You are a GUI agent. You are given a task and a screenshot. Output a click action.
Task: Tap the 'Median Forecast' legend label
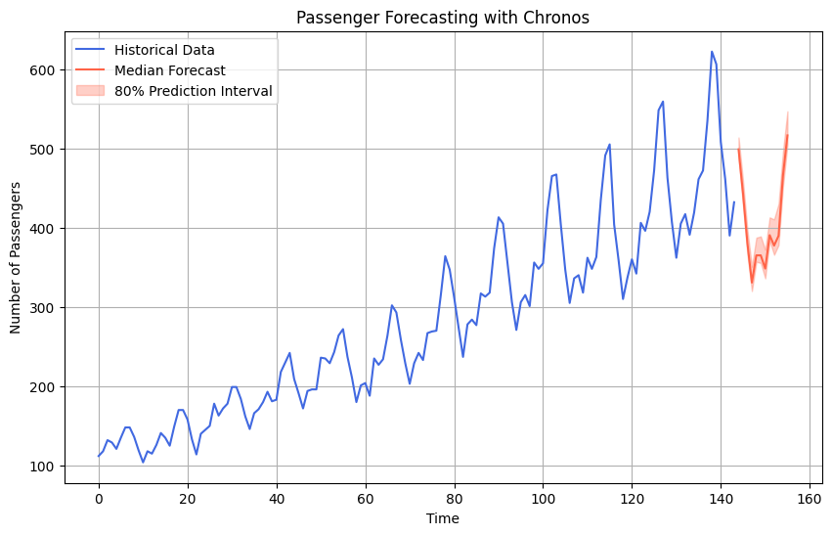tap(170, 70)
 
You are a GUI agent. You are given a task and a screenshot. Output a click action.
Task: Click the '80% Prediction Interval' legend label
tap(194, 91)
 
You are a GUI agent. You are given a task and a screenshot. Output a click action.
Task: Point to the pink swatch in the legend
tap(90, 91)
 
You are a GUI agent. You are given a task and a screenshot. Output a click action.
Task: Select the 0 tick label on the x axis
tap(99, 497)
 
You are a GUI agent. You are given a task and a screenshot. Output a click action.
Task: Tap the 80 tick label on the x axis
tap(455, 497)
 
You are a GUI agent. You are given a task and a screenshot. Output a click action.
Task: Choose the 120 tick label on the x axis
tap(632, 497)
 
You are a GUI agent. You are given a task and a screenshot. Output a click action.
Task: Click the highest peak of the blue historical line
tap(712, 52)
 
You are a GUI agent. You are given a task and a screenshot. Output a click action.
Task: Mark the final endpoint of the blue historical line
tap(734, 202)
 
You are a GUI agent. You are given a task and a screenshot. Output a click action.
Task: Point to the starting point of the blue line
tap(99, 457)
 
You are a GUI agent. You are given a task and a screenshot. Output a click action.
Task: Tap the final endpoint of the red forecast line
tap(787, 135)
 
